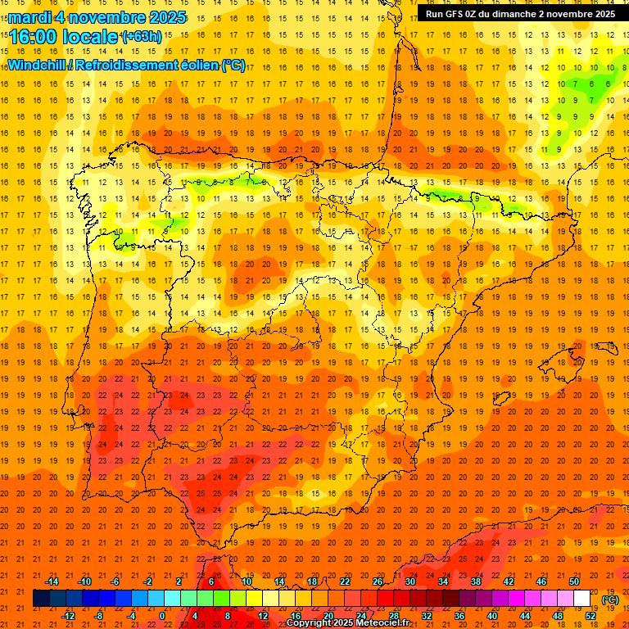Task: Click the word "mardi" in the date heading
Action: [x=30, y=17]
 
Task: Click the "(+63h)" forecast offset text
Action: [x=142, y=37]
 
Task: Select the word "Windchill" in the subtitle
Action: [x=38, y=65]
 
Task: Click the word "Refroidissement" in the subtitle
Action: [x=129, y=65]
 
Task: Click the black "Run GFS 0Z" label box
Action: [x=521, y=14]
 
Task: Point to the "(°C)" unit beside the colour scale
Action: [x=610, y=600]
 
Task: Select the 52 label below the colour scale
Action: [x=591, y=616]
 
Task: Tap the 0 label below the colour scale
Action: [x=163, y=616]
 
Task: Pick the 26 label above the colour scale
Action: [x=378, y=581]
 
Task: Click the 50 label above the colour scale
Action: [x=574, y=581]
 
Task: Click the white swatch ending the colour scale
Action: [x=582, y=599]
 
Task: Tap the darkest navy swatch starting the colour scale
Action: [x=41, y=599]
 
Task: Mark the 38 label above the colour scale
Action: [x=476, y=581]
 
